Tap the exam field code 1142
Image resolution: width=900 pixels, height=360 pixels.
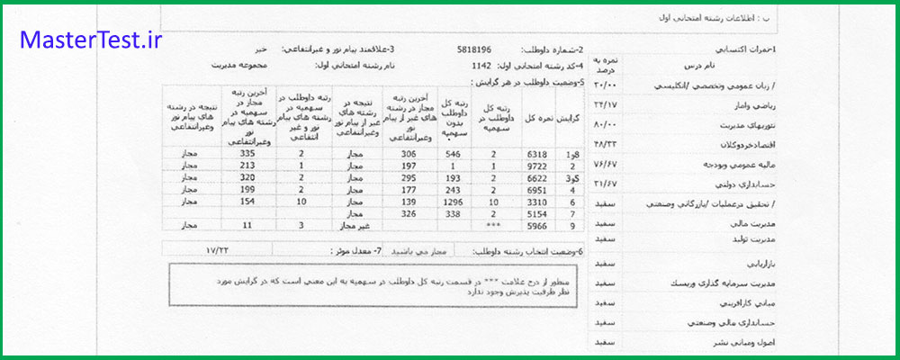click(x=483, y=66)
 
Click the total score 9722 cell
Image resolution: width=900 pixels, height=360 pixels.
click(x=537, y=166)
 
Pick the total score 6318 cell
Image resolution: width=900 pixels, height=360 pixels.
click(x=537, y=154)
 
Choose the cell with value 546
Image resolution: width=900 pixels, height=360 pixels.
click(x=454, y=154)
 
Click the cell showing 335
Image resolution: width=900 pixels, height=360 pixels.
click(x=237, y=154)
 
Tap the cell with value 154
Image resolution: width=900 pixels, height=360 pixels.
click(x=237, y=204)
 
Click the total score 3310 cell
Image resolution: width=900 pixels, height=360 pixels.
click(x=537, y=204)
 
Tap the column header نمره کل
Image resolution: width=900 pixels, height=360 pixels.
click(x=537, y=119)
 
